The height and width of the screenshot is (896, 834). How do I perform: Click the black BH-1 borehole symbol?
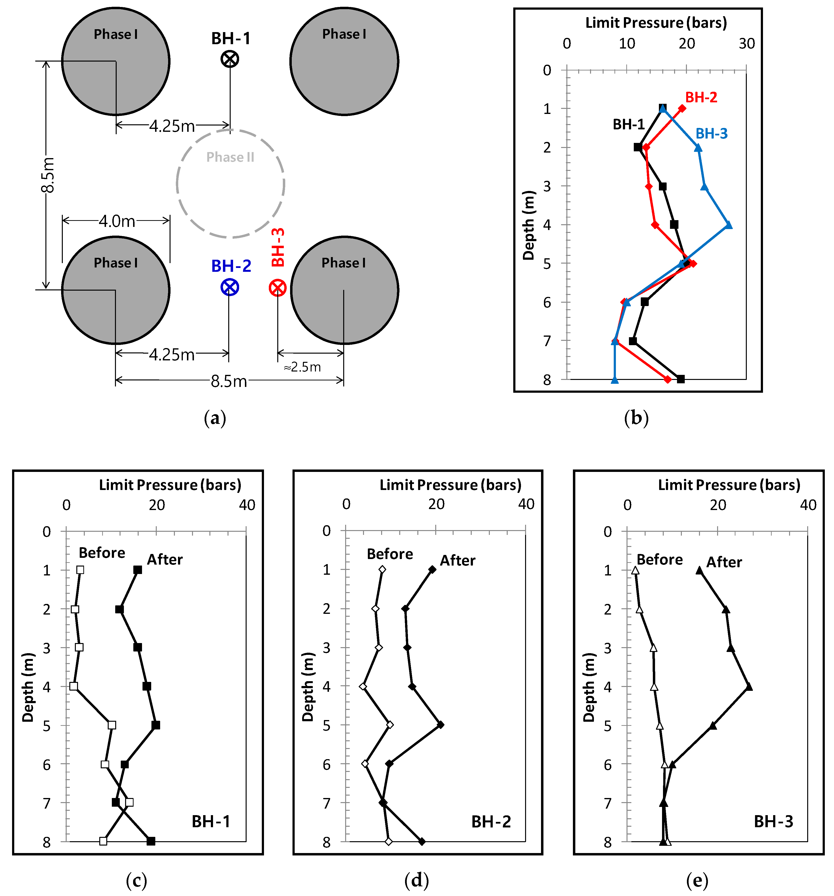tap(230, 59)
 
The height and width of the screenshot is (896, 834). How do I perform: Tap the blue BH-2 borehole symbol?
tap(230, 287)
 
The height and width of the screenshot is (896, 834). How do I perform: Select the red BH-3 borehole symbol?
tap(278, 287)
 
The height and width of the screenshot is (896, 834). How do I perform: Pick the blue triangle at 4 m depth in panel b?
tap(728, 225)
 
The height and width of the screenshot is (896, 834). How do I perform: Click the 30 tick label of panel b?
tap(747, 44)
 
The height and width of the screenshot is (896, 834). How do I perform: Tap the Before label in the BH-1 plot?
tap(102, 553)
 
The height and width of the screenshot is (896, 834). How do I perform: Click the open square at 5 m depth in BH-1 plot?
tap(112, 725)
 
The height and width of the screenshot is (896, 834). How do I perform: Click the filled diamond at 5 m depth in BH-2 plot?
tap(441, 725)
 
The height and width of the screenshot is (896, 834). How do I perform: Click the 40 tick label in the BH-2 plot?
tap(526, 504)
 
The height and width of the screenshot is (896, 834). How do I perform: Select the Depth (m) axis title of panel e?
tap(589, 687)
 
